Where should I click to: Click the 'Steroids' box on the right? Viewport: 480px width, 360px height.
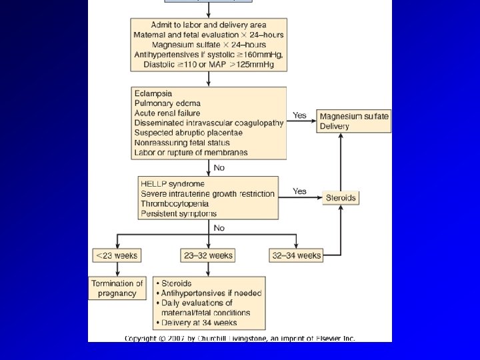[x=340, y=198]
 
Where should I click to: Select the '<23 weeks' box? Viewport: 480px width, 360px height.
[x=117, y=255]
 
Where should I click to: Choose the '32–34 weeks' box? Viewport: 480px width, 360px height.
[x=296, y=255]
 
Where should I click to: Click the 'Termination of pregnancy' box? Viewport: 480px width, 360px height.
[x=117, y=289]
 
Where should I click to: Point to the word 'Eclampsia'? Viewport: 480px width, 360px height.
[x=153, y=94]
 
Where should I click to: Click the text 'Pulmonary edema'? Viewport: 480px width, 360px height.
[x=167, y=103]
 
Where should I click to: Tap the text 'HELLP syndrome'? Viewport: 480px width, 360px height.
[x=173, y=183]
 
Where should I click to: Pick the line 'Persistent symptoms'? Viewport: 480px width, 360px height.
[x=179, y=213]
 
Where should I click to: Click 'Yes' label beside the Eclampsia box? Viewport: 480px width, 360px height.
[x=299, y=115]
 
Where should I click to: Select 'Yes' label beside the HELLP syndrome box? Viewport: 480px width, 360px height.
[x=299, y=191]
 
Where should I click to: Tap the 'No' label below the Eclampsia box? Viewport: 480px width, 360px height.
[x=219, y=167]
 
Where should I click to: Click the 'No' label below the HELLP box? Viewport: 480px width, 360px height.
[x=219, y=228]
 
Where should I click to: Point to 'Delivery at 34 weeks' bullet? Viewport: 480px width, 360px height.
[x=199, y=323]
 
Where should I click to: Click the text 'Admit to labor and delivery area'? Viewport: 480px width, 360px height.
[x=209, y=25]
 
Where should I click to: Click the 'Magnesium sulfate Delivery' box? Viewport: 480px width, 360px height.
[x=354, y=121]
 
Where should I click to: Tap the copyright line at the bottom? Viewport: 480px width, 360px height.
[x=240, y=338]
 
